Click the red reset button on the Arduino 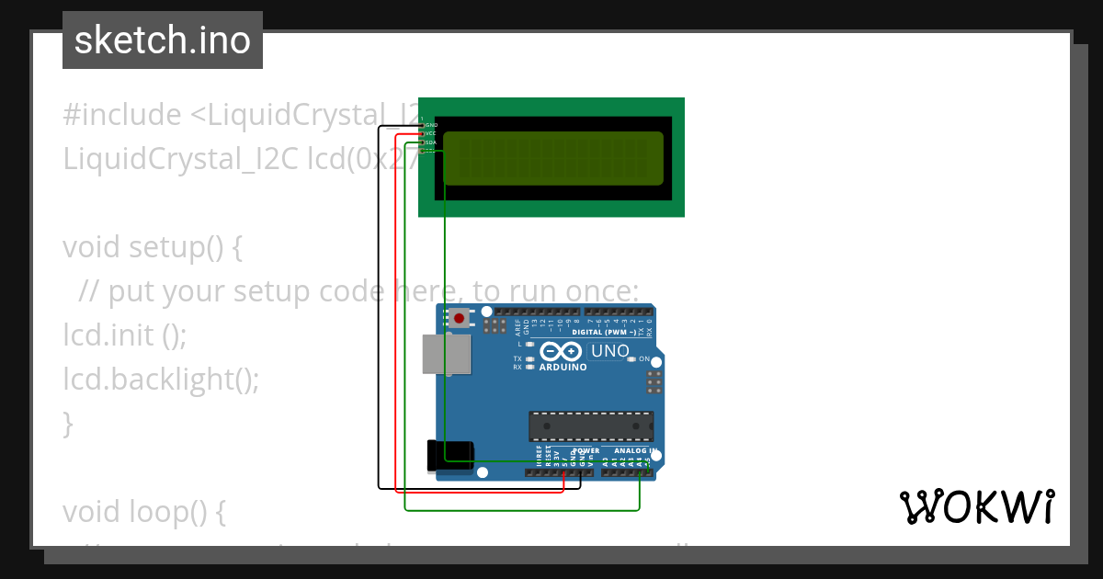(459, 319)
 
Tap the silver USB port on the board (446, 354)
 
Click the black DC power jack (450, 457)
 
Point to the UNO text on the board (609, 351)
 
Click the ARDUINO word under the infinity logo (563, 367)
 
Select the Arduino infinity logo (562, 351)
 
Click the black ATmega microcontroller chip (591, 426)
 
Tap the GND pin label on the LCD (431, 124)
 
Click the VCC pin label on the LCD (430, 133)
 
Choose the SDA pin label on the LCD (430, 142)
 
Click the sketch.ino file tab (163, 40)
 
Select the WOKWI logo (977, 506)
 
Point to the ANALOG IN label (633, 451)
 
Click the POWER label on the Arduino (586, 451)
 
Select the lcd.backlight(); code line (161, 378)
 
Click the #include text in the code (122, 115)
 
